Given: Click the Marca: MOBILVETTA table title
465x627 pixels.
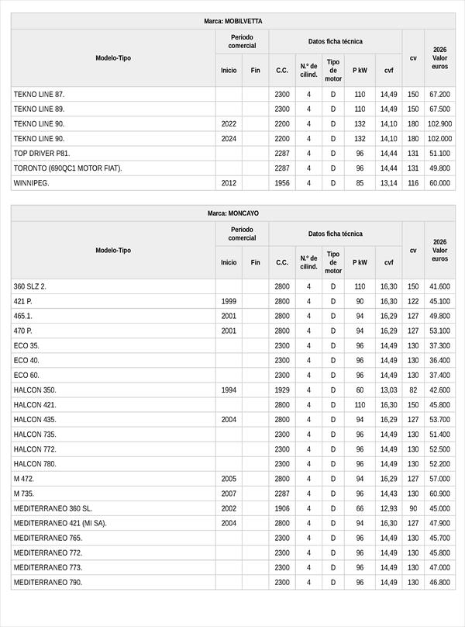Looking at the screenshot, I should [x=232, y=21].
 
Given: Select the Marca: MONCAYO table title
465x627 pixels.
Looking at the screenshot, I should [x=232, y=213].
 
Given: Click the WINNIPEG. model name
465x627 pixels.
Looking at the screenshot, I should [x=31, y=183].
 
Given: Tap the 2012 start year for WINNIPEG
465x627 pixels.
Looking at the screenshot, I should [x=229, y=183].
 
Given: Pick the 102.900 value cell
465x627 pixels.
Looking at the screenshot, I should [x=439, y=124].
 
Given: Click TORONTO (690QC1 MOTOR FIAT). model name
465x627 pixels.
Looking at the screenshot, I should [x=68, y=168].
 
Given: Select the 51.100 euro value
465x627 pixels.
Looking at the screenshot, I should [x=439, y=154].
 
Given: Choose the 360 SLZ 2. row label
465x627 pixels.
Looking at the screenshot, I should [x=30, y=286].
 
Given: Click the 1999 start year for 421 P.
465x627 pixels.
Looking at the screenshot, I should [x=229, y=301].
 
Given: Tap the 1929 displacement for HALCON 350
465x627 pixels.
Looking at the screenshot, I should [x=282, y=390].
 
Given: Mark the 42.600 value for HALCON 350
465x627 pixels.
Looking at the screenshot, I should [x=439, y=390].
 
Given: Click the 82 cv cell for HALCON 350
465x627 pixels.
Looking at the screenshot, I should [x=413, y=390].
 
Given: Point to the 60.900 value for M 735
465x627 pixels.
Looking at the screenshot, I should [x=439, y=494].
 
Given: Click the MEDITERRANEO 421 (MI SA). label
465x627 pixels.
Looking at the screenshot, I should [x=60, y=523].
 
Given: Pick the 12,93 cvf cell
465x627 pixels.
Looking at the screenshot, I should [x=388, y=508].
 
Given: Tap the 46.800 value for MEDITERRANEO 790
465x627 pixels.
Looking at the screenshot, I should [x=439, y=582].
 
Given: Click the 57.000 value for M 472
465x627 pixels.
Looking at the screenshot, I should [x=439, y=479].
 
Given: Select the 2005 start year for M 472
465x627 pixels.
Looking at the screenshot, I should [x=229, y=479].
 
